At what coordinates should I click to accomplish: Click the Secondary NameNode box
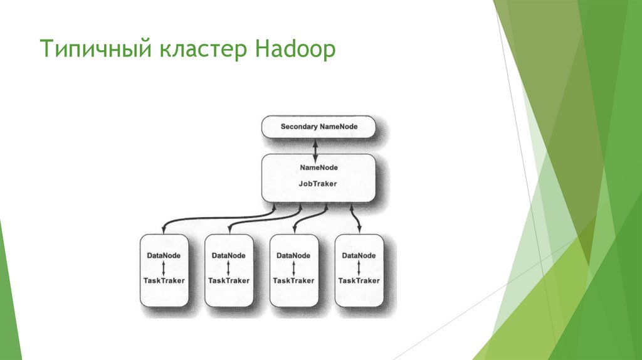coord(318,127)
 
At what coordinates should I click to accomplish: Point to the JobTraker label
coord(318,184)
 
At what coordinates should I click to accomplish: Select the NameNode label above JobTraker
coord(318,167)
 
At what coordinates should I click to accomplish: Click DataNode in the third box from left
coord(293,256)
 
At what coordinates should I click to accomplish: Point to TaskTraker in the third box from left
coord(293,280)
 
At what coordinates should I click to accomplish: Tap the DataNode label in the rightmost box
coord(359,256)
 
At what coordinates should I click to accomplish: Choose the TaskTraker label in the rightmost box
coord(359,280)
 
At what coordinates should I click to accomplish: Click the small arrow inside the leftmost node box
coord(164,268)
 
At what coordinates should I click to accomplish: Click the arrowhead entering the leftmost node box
coord(164,228)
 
